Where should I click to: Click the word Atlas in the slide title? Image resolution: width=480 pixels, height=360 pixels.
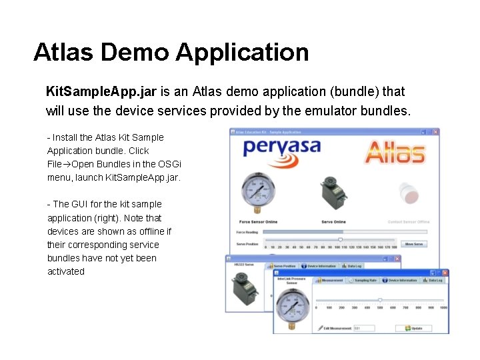point(65,52)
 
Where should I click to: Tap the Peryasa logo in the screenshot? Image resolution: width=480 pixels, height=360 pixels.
point(281,148)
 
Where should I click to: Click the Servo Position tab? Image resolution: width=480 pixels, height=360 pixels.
point(284,266)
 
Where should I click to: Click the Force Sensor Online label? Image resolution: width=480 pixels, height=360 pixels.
point(258,221)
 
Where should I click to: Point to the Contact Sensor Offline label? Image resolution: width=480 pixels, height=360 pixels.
point(408,221)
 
